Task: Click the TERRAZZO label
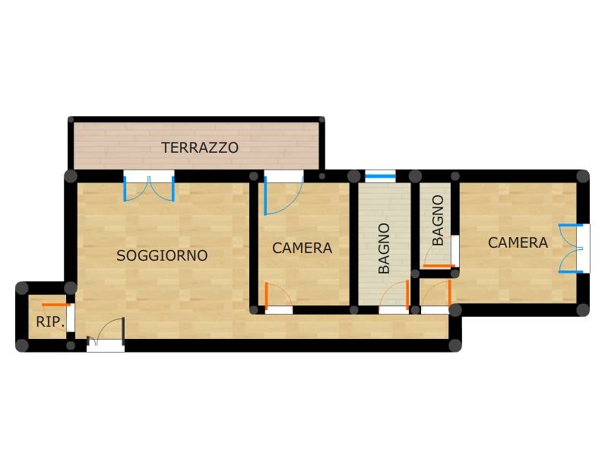pyautogui.click(x=200, y=147)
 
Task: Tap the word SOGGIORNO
pyautogui.click(x=162, y=255)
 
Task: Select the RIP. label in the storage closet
pyautogui.click(x=50, y=321)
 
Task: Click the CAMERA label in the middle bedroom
pyautogui.click(x=302, y=249)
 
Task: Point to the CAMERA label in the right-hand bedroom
pyautogui.click(x=518, y=242)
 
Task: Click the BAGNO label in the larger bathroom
pyautogui.click(x=384, y=249)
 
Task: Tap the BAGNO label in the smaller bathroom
pyautogui.click(x=438, y=220)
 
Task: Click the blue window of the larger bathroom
pyautogui.click(x=380, y=177)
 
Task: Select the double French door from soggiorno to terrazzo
pyautogui.click(x=149, y=188)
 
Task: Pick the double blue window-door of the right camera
pyautogui.click(x=571, y=249)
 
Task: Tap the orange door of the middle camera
pyautogui.click(x=278, y=296)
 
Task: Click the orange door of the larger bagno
pyautogui.click(x=394, y=294)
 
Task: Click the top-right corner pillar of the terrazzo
pyautogui.click(x=321, y=119)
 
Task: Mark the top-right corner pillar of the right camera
pyautogui.click(x=582, y=176)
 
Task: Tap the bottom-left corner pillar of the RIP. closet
pyautogui.click(x=22, y=345)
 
